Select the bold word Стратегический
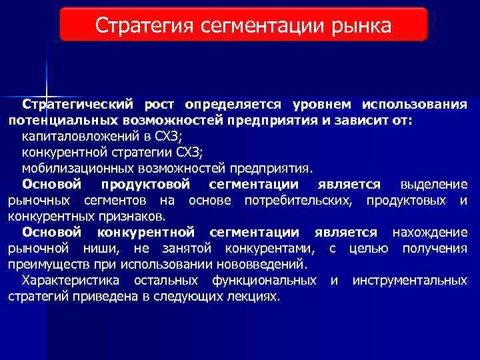(78, 105)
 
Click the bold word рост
(159, 105)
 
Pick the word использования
(415, 105)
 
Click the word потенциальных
(64, 121)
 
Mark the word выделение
(434, 185)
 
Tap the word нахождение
(430, 233)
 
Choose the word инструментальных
(410, 281)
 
